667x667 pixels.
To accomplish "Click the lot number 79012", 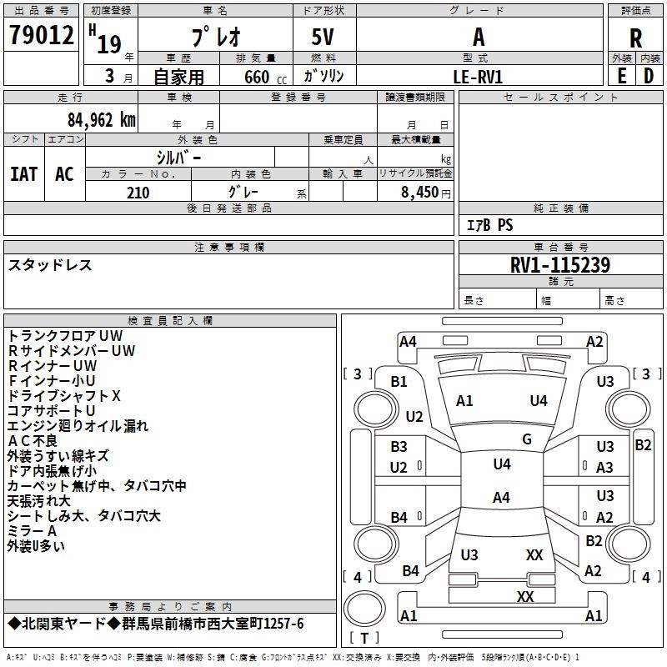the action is [42, 35].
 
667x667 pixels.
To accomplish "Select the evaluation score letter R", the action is [635, 38].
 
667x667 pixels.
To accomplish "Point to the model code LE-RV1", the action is [478, 76].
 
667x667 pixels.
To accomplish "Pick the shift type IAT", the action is [24, 174].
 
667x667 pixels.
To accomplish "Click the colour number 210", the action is [138, 193].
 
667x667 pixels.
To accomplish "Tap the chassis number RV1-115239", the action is [559, 266].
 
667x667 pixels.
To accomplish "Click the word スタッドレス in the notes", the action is [50, 265].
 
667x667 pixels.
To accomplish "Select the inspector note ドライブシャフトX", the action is [64, 396].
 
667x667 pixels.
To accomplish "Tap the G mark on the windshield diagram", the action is [527, 439].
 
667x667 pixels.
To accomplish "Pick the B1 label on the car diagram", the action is [399, 381].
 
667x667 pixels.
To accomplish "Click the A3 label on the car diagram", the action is [605, 468].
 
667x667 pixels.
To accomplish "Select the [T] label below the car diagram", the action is [364, 638].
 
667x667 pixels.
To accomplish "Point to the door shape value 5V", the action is [324, 38].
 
